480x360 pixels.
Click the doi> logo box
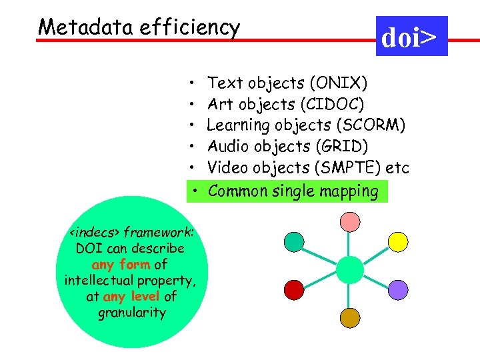411,36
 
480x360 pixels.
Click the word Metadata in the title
72,27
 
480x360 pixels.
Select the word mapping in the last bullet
348,191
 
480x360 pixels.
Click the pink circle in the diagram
350,221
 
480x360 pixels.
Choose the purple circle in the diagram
398,289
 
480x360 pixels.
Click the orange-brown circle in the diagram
350,318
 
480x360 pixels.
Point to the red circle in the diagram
294,289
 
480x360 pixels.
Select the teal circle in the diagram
294,241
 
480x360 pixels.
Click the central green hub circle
348,266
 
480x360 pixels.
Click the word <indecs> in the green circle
94,233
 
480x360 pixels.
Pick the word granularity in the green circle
131,312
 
